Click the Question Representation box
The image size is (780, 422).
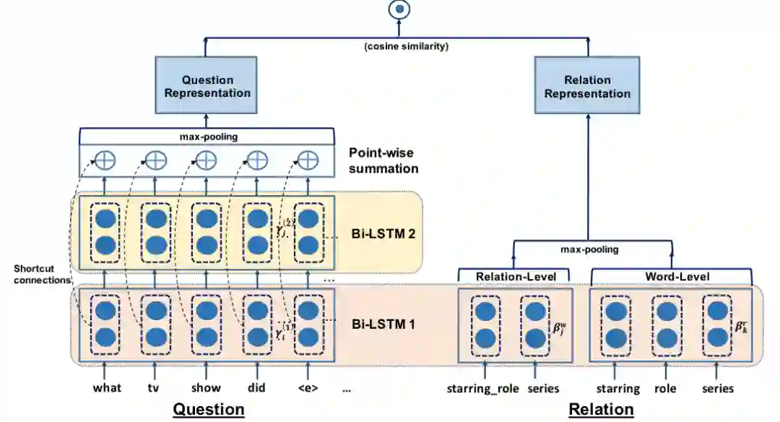click(207, 86)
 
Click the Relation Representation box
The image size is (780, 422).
click(587, 86)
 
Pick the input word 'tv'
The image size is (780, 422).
click(154, 387)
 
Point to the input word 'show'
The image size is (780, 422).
click(206, 387)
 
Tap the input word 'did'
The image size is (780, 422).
click(256, 387)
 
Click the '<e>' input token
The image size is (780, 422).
click(308, 387)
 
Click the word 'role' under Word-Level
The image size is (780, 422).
click(664, 388)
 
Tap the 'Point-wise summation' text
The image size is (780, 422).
click(383, 160)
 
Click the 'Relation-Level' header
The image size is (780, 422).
click(513, 276)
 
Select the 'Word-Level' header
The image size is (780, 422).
click(677, 276)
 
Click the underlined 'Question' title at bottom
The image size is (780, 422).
click(208, 410)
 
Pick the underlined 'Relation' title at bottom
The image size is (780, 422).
click(601, 410)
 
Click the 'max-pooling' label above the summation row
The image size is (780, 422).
click(207, 135)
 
